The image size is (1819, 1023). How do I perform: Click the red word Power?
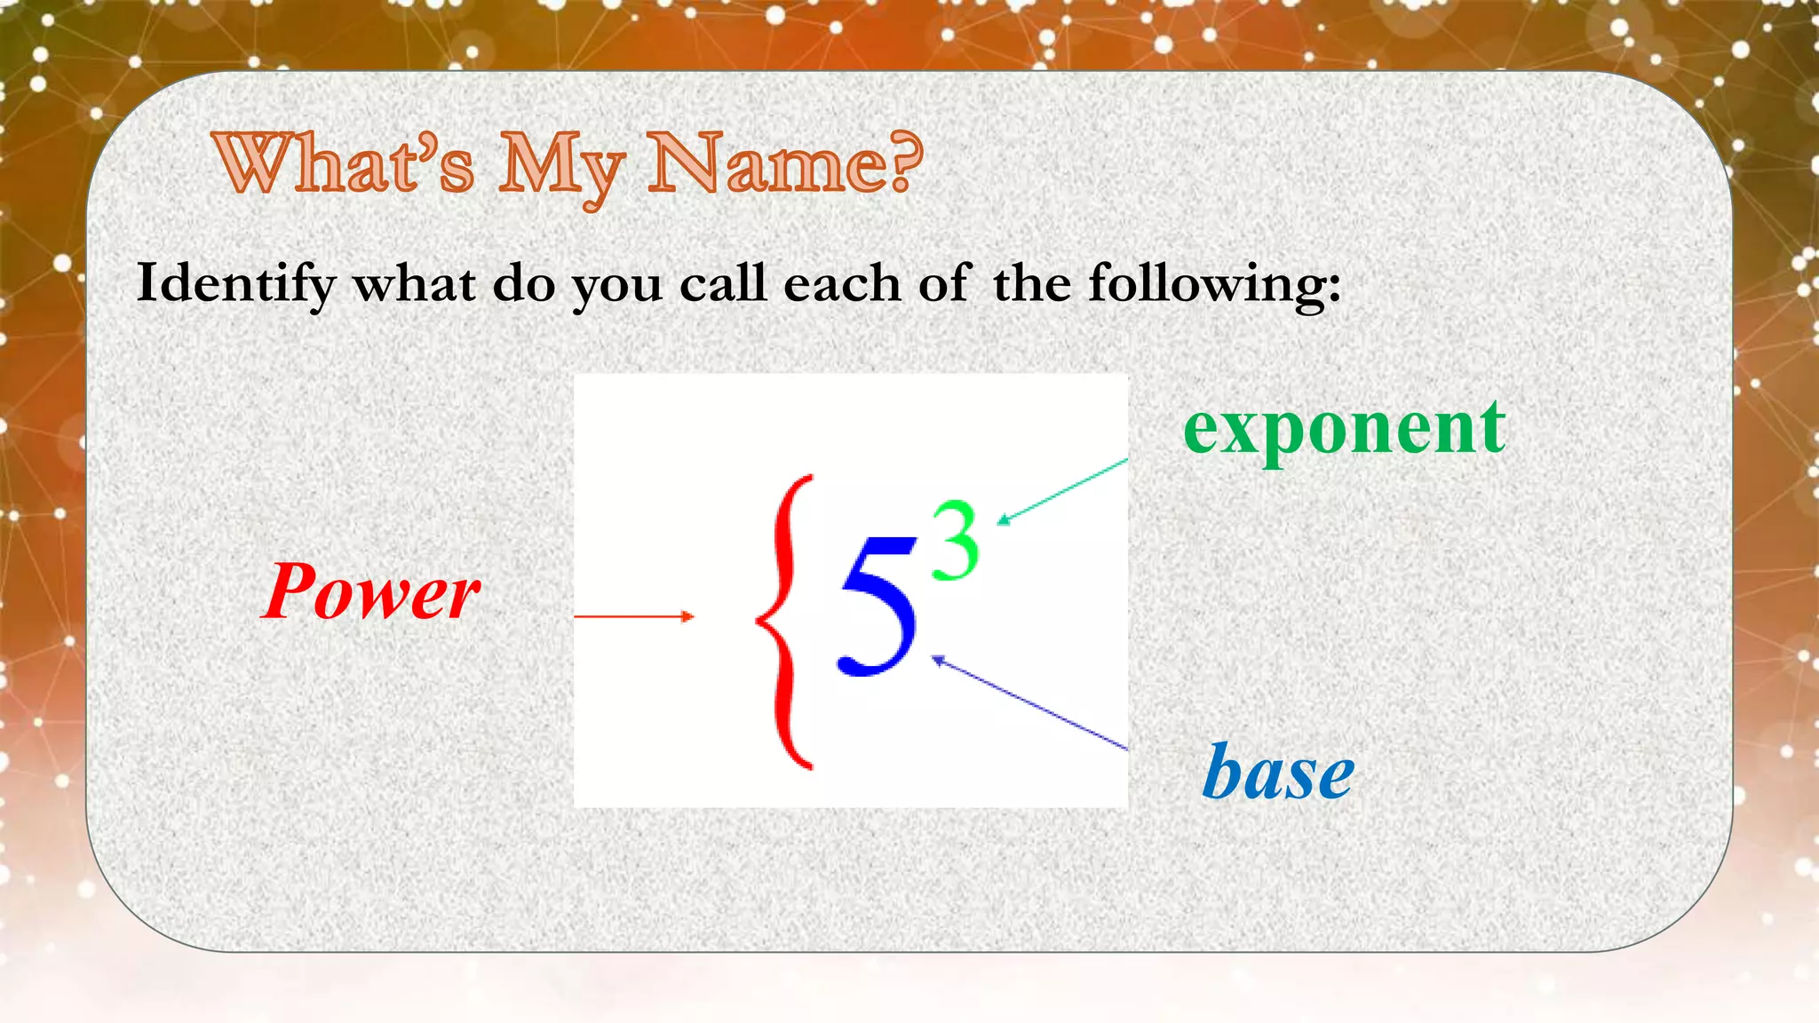(x=371, y=591)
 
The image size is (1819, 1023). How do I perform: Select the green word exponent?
(x=1344, y=430)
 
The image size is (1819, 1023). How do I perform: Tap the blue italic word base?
(x=1278, y=773)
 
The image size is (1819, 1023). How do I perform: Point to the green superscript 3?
(x=955, y=541)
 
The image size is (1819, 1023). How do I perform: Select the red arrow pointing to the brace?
(x=633, y=615)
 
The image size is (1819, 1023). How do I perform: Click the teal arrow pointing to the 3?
(x=1062, y=491)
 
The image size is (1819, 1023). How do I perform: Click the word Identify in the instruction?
(x=236, y=284)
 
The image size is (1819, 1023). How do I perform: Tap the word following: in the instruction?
(x=1214, y=284)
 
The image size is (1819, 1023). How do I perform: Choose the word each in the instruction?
(x=842, y=284)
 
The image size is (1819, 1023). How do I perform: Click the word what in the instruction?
(x=414, y=284)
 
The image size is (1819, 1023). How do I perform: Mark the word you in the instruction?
(x=616, y=288)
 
